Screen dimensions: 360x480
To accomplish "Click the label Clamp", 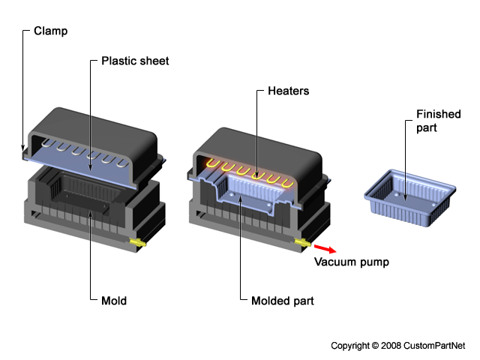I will click(49, 32).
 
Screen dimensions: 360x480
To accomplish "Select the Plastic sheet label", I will click(135, 61).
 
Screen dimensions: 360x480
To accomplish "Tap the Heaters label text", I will click(288, 91).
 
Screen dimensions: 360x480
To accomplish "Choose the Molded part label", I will click(283, 301).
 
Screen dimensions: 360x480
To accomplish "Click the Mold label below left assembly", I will click(114, 301).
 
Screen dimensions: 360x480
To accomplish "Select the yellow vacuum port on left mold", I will click(139, 242).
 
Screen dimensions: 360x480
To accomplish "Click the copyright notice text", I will click(397, 345).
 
